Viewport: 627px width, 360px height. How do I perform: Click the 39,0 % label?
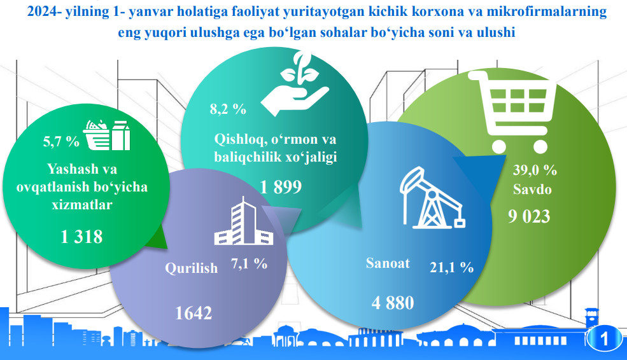coord(535,170)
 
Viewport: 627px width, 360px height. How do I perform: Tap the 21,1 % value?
coord(452,267)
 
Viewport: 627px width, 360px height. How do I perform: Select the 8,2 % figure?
coord(228,109)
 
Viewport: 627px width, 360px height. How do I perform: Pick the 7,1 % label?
coord(249,264)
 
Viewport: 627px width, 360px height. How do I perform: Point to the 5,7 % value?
coord(61,141)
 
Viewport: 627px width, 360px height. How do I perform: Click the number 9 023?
coord(529,216)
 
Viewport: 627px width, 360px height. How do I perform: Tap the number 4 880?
coord(393,303)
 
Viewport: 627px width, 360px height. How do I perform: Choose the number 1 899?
coord(281,187)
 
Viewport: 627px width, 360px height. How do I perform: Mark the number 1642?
coord(194,313)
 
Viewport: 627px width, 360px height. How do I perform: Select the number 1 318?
coord(81,237)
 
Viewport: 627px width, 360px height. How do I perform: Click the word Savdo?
coord(532,190)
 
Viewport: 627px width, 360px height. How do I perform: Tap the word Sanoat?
coord(388,263)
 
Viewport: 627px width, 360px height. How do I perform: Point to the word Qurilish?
coord(192,268)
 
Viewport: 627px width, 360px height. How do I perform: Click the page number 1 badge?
coord(604,339)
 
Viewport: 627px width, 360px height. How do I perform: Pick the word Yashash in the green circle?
coord(67,169)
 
